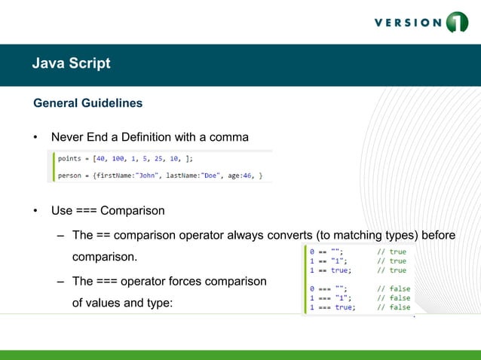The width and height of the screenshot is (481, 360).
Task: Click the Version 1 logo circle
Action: tap(457, 22)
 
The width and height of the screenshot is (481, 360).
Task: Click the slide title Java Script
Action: tap(71, 63)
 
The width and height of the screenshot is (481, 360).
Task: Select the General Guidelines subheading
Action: tap(87, 102)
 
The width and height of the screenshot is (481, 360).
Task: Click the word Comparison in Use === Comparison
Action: tap(132, 209)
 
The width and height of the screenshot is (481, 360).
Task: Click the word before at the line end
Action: tap(438, 235)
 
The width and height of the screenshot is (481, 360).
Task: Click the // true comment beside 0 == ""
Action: tap(392, 252)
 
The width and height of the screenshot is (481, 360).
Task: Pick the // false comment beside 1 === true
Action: tap(394, 307)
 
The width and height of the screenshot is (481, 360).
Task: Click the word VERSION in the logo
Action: tap(407, 22)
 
